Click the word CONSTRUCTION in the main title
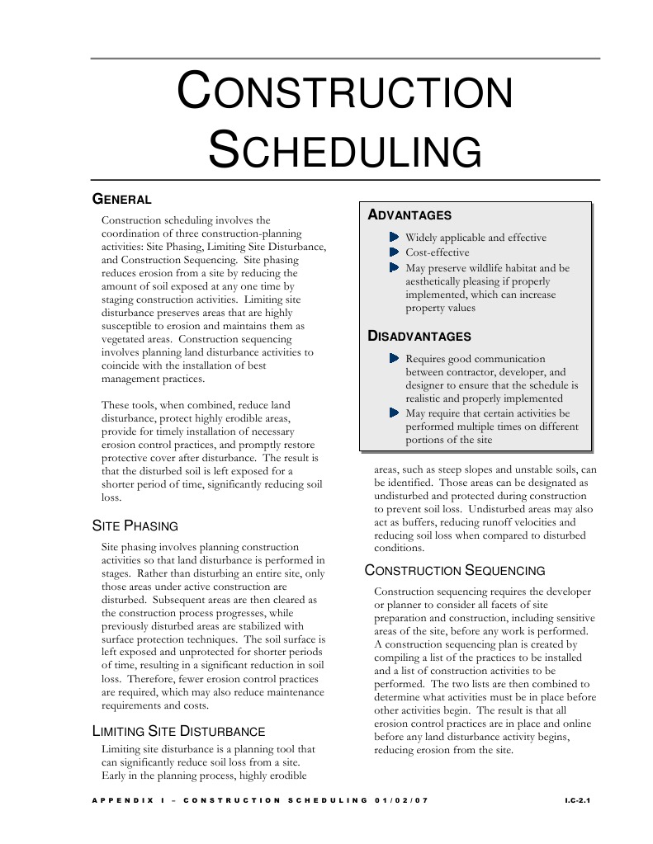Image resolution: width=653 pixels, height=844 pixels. (x=345, y=92)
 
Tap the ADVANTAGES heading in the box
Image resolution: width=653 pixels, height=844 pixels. (x=409, y=215)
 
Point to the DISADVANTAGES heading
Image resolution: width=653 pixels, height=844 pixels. (x=419, y=337)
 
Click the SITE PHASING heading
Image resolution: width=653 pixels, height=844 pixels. (x=134, y=526)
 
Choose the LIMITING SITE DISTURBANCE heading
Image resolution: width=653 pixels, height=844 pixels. (x=177, y=731)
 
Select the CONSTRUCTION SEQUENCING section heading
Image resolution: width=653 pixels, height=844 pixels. (x=455, y=571)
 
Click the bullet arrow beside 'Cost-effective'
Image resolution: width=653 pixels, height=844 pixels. (x=394, y=252)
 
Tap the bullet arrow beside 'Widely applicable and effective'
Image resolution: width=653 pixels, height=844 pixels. (x=394, y=238)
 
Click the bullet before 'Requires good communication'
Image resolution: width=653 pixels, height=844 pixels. (x=394, y=359)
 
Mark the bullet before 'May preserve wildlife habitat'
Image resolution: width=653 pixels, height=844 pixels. (x=394, y=268)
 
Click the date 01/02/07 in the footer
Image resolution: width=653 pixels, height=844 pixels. (x=402, y=800)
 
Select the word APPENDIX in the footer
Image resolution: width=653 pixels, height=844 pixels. (x=120, y=800)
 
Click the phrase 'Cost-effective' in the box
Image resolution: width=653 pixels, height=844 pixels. (x=437, y=252)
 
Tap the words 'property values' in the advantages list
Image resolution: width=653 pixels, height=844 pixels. (x=440, y=308)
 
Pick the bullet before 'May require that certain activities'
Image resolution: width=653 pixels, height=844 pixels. (x=394, y=413)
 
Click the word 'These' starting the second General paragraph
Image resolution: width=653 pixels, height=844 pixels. (x=114, y=405)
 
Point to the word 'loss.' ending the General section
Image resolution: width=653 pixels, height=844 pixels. (x=111, y=497)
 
